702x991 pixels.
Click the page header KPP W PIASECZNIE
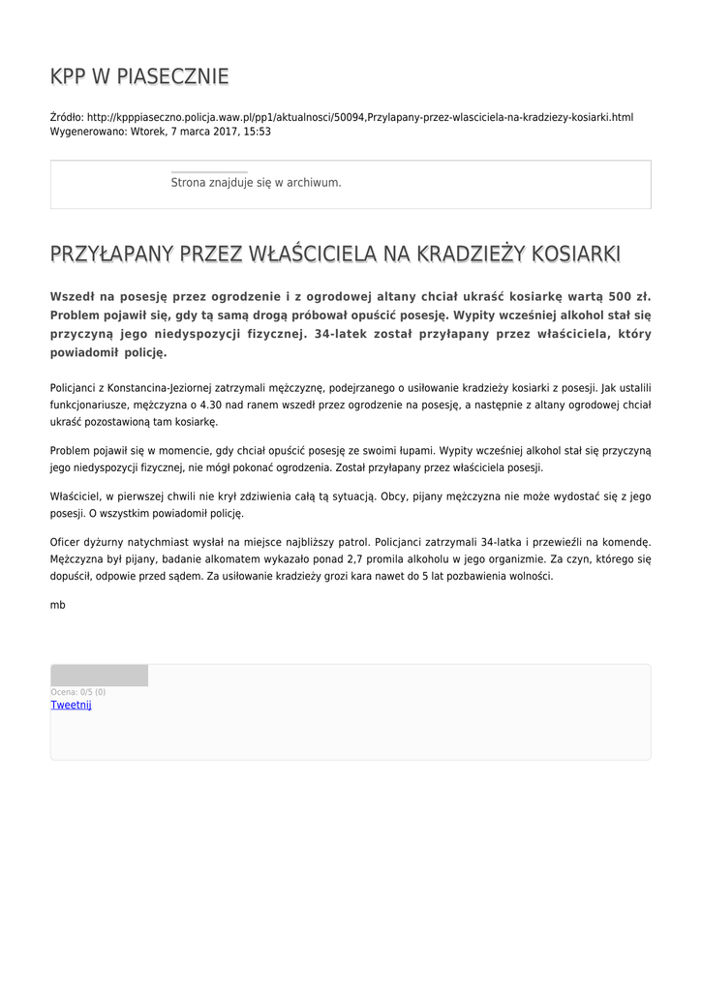(139, 76)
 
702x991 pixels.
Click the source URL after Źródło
(360, 117)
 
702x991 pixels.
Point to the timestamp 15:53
(256, 132)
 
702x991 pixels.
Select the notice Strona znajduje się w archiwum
(256, 182)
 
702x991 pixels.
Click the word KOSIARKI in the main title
(574, 254)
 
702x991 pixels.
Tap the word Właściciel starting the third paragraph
(75, 495)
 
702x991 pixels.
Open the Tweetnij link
(71, 705)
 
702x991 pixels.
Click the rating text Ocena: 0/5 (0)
(78, 692)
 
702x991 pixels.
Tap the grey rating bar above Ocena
(99, 676)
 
